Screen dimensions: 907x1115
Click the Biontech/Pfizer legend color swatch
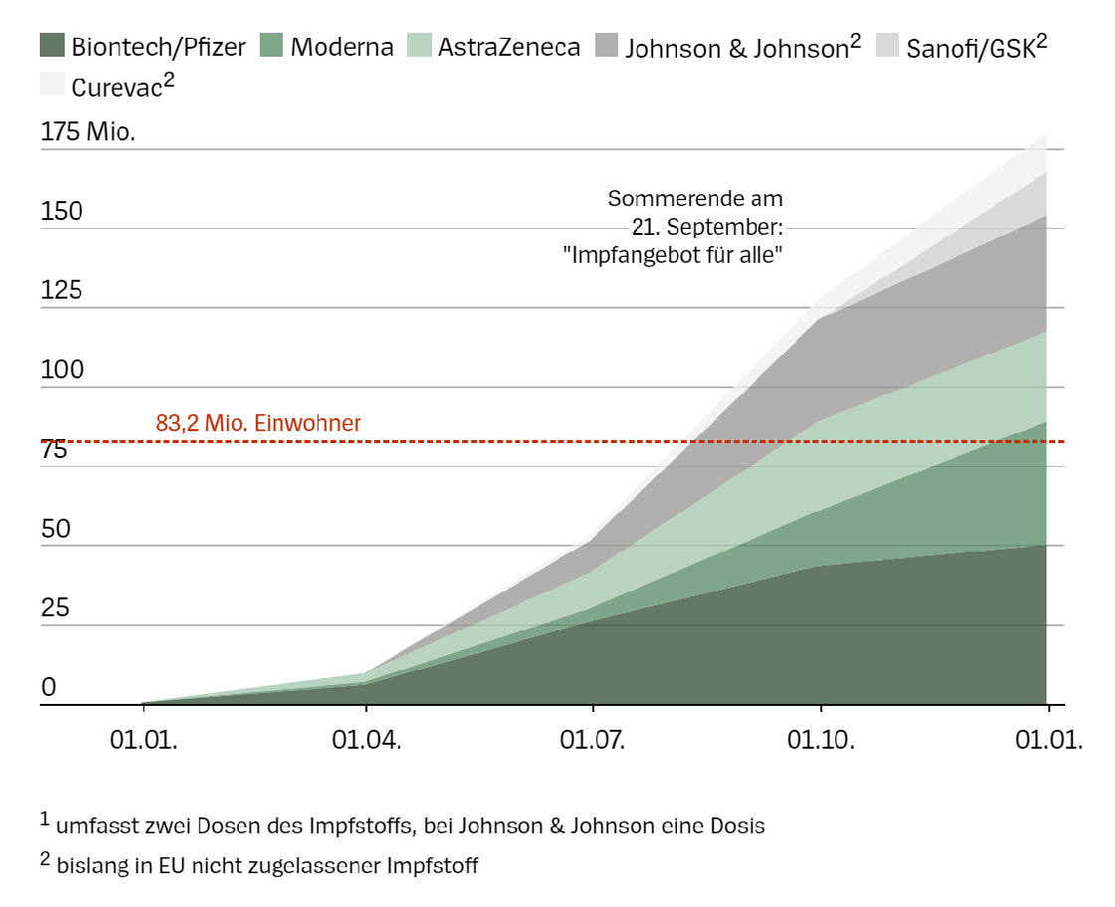tap(53, 46)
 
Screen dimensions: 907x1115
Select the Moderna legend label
tap(342, 47)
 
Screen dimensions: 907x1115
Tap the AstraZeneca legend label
tap(509, 47)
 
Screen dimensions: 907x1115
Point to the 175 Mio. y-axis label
tap(89, 132)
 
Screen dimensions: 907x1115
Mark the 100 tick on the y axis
tap(61, 370)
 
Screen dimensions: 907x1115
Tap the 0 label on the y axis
tap(48, 688)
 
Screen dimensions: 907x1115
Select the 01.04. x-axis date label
tap(367, 740)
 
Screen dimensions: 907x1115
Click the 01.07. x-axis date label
tap(593, 740)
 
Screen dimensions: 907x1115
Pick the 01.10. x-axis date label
tap(820, 740)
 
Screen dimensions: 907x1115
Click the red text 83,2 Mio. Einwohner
tap(258, 422)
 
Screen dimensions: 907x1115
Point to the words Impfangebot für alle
tap(673, 255)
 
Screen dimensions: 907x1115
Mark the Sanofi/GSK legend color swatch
tap(889, 46)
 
